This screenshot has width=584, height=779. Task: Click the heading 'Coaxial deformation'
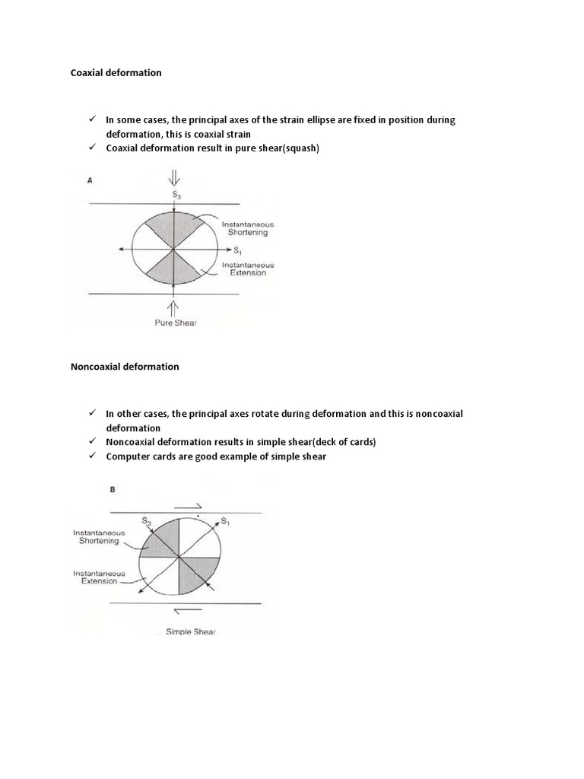(x=116, y=73)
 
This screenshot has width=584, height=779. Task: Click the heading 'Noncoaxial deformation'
(x=125, y=367)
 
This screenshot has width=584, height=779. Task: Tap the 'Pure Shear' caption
(x=176, y=323)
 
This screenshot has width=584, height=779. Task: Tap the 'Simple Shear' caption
(x=190, y=631)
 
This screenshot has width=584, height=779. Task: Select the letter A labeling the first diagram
(x=91, y=180)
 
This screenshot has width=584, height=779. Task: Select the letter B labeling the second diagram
(x=113, y=491)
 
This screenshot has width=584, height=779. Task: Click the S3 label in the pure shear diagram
(x=176, y=196)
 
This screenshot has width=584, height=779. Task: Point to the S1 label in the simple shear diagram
(x=226, y=521)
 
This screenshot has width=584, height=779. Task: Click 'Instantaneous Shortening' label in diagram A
(x=248, y=229)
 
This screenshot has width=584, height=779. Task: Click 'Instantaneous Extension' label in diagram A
(x=248, y=269)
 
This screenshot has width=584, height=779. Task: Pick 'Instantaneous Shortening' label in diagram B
(x=99, y=537)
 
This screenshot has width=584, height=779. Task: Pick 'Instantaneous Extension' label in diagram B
(x=96, y=577)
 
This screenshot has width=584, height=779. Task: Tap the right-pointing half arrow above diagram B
(x=187, y=504)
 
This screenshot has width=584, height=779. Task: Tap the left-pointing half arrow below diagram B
(x=186, y=610)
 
